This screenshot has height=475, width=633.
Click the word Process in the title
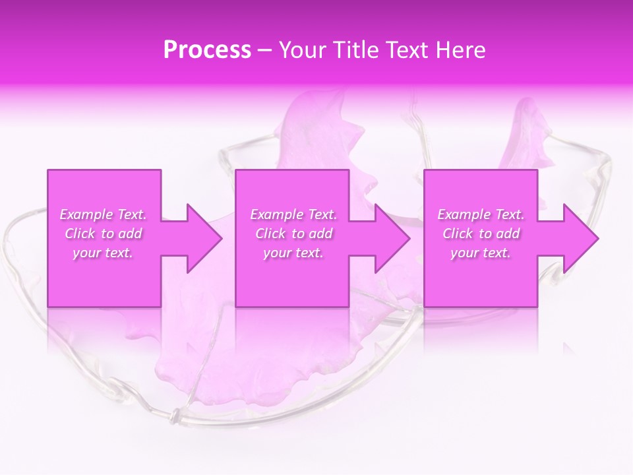(x=207, y=50)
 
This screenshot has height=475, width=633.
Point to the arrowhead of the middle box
(x=392, y=238)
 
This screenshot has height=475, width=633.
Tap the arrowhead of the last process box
(x=580, y=238)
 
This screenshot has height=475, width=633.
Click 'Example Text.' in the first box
(x=104, y=214)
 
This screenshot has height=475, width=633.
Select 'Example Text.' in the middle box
(x=293, y=214)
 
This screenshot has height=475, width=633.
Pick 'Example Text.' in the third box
(x=481, y=214)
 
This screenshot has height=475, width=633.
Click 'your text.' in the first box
(x=104, y=253)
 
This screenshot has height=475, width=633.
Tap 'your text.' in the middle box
(x=293, y=253)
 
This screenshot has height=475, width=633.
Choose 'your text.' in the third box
(x=481, y=253)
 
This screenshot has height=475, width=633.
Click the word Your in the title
(x=301, y=50)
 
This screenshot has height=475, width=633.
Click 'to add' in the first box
(x=122, y=234)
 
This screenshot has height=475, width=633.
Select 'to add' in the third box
(x=500, y=234)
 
